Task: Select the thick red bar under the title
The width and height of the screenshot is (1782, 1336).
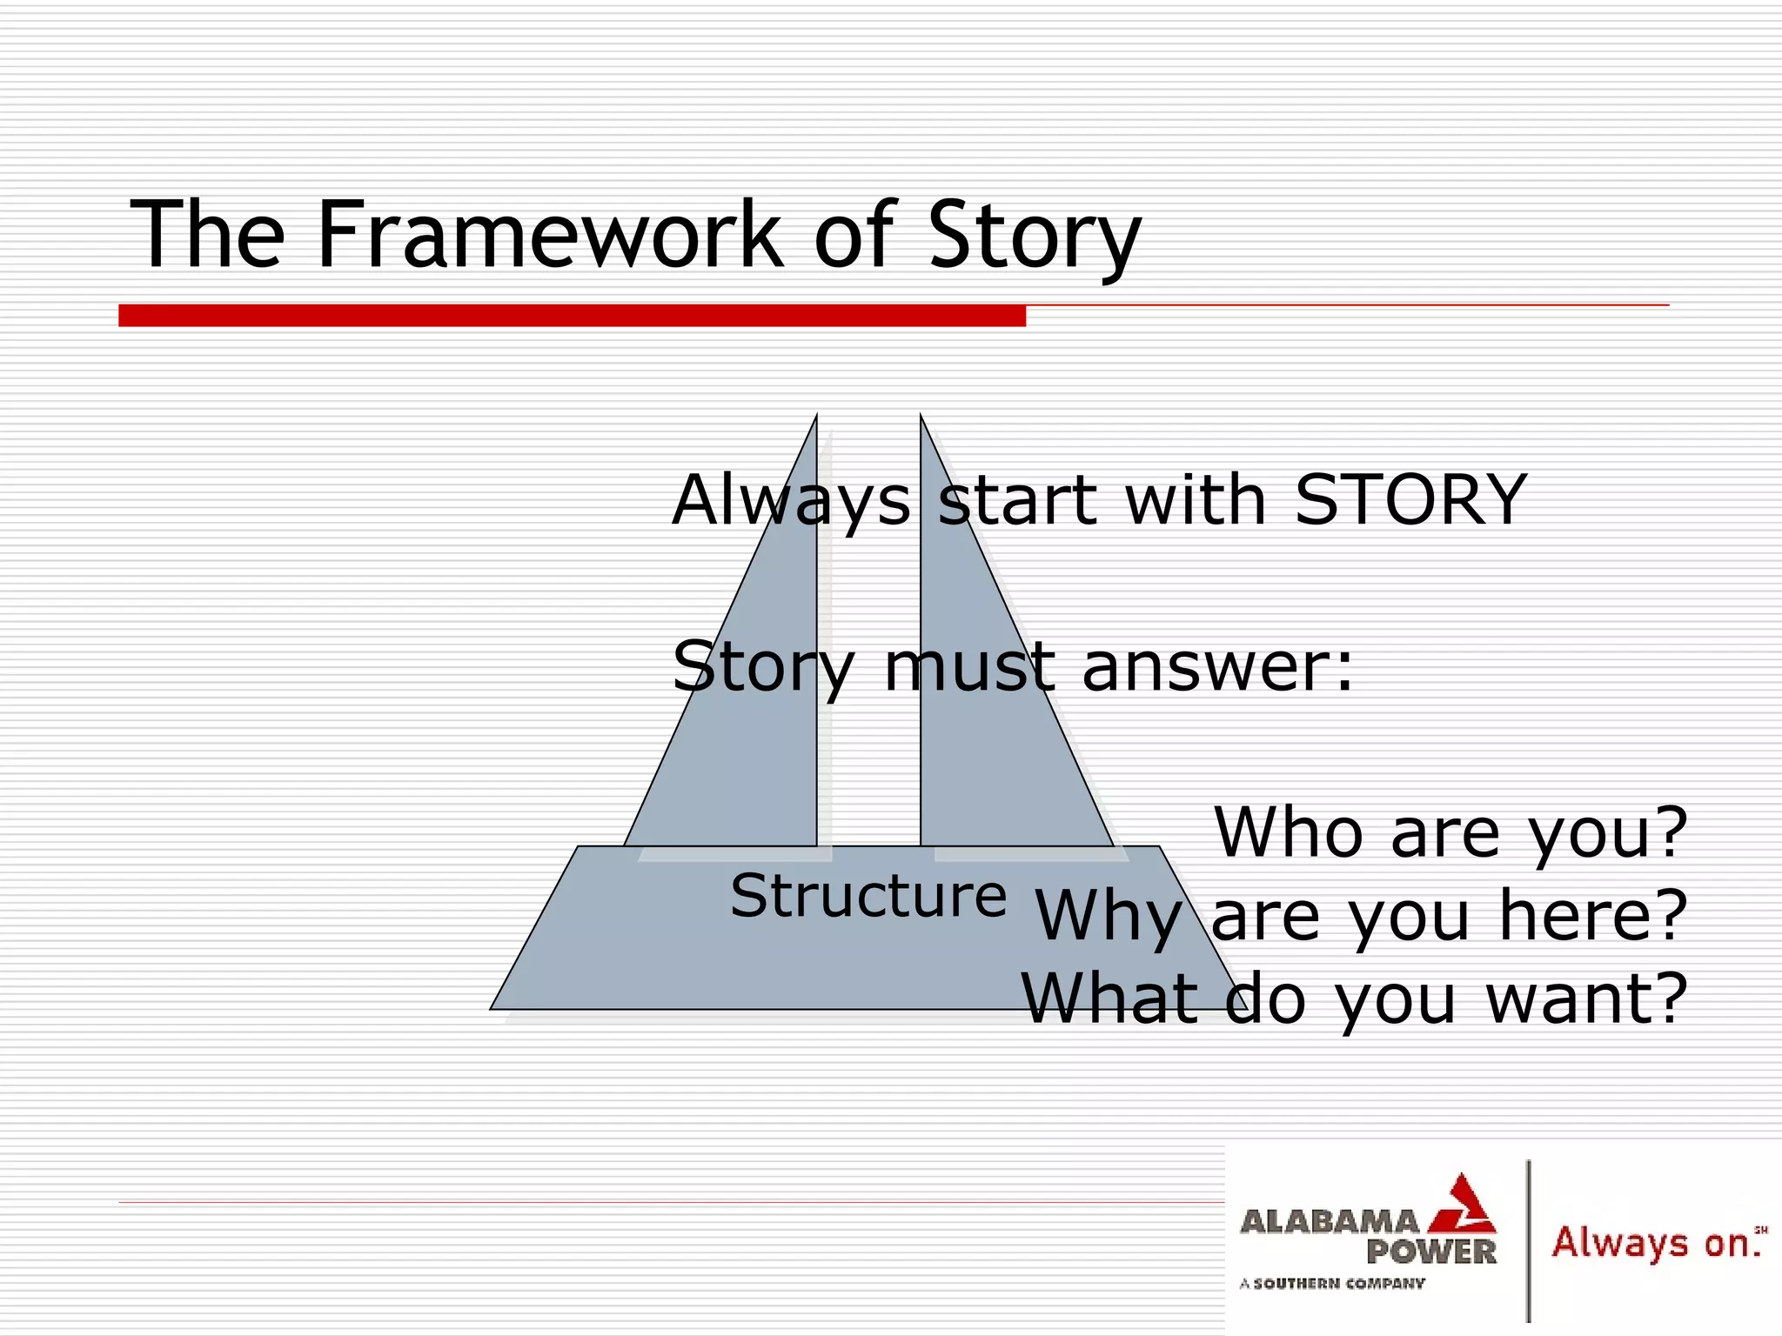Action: click(572, 316)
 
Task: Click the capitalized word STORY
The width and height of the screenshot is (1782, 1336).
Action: click(1410, 500)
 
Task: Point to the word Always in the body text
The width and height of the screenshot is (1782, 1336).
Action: click(791, 501)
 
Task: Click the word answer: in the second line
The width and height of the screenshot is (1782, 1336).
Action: click(1217, 667)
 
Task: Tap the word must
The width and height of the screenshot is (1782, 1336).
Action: click(969, 667)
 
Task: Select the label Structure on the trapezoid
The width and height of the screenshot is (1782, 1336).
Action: click(868, 896)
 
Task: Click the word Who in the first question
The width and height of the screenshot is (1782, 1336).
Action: click(1289, 833)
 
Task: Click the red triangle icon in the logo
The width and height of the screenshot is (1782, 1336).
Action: click(1464, 1205)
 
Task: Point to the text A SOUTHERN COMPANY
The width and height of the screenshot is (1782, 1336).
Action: click(1332, 1283)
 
